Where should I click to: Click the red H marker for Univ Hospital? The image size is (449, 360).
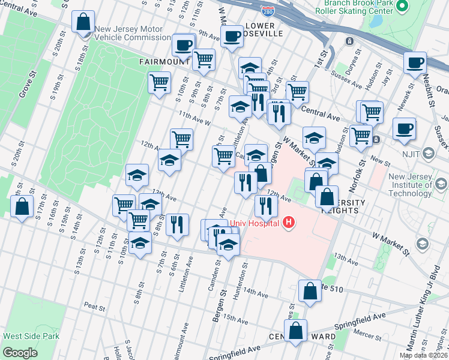click(x=289, y=223)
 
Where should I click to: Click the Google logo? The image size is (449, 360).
click(x=20, y=353)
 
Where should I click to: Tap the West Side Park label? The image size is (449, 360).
click(x=30, y=337)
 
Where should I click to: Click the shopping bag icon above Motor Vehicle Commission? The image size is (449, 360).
click(x=83, y=22)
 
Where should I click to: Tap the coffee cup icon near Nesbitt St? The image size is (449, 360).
click(x=414, y=62)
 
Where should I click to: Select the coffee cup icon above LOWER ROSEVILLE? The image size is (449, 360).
click(x=232, y=36)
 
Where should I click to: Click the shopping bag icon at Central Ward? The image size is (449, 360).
click(x=295, y=331)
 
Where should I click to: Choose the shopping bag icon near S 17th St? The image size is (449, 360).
click(x=22, y=206)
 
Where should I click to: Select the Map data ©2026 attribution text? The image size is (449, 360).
click(x=423, y=355)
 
